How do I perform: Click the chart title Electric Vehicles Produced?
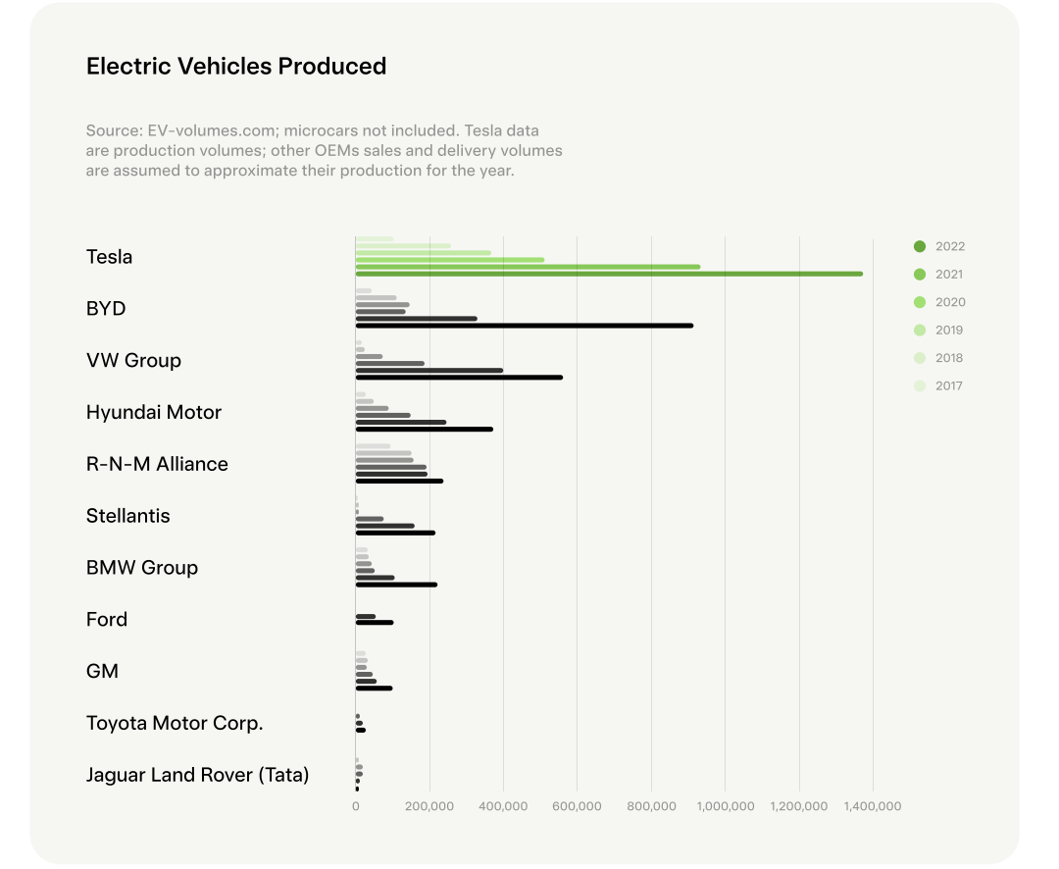(236, 67)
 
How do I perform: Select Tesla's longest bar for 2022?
(608, 274)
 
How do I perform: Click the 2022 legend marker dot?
(920, 247)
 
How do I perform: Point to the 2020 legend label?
(949, 303)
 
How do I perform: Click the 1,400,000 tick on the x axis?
(873, 806)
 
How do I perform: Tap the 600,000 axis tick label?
(577, 806)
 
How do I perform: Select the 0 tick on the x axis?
(356, 806)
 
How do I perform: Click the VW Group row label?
(133, 361)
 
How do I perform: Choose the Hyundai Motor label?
(154, 413)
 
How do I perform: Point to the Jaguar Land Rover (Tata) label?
(197, 776)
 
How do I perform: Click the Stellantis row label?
(127, 516)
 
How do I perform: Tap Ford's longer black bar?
(374, 623)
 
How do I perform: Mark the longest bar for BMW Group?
(396, 585)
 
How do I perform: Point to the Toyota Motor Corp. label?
(175, 724)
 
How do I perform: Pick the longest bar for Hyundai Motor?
(424, 430)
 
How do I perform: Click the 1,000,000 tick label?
(725, 806)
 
